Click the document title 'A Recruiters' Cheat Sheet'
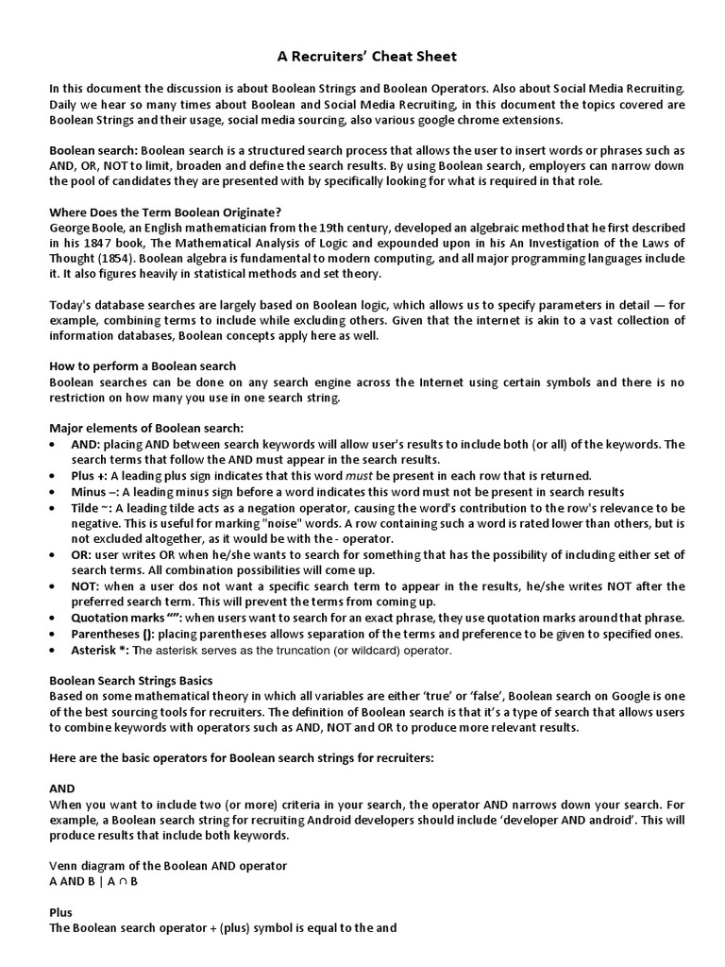[x=363, y=57]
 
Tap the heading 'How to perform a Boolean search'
[x=143, y=366]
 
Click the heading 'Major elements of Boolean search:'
[x=145, y=428]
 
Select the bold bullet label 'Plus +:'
[x=93, y=475]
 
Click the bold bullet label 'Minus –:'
[x=96, y=491]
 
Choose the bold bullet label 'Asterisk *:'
[x=100, y=651]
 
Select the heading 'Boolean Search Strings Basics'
[x=131, y=681]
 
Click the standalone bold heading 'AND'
[x=61, y=788]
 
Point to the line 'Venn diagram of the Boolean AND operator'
[x=168, y=865]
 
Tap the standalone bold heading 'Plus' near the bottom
[x=61, y=912]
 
